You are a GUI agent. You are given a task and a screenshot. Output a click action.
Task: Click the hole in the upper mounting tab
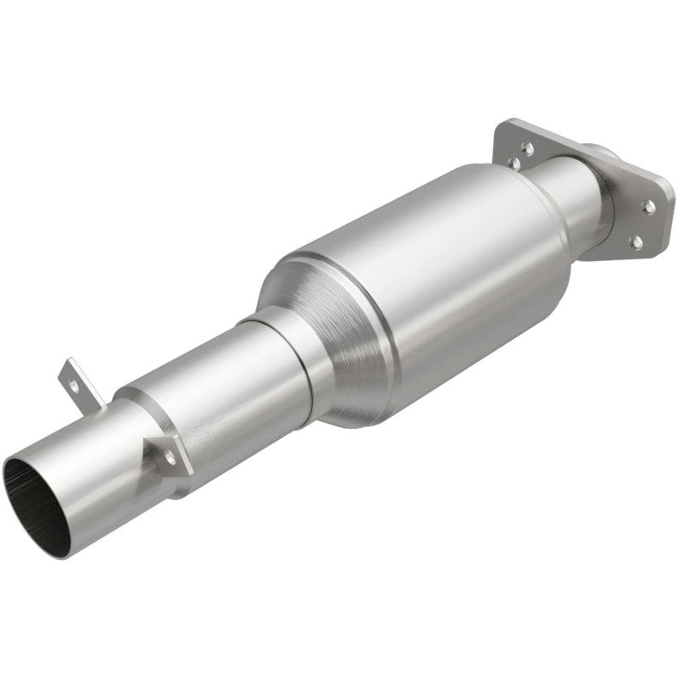(x=75, y=384)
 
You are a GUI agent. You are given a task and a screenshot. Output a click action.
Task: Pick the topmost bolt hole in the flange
(x=526, y=147)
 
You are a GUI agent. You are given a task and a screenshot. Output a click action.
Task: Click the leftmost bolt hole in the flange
(x=513, y=161)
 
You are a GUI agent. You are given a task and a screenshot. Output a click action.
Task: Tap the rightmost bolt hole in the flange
(x=649, y=205)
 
